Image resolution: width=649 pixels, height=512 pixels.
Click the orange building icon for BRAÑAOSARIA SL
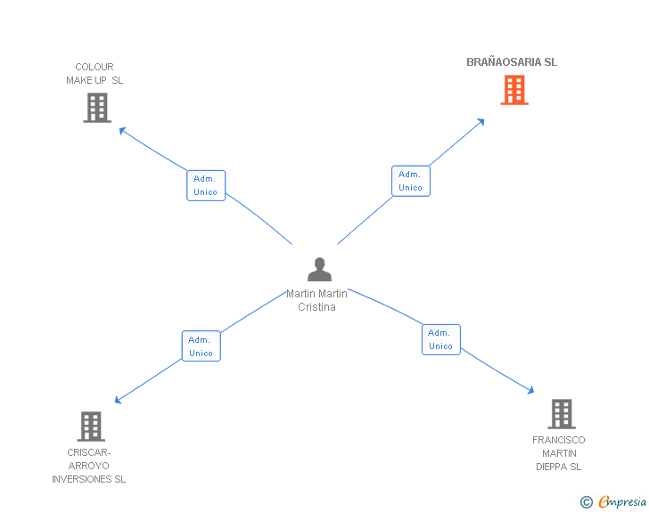click(x=514, y=90)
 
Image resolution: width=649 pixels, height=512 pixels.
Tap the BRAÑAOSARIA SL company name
click(x=512, y=62)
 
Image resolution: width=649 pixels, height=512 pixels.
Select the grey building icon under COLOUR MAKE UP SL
click(x=97, y=108)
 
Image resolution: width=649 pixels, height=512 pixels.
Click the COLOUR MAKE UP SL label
click(x=94, y=73)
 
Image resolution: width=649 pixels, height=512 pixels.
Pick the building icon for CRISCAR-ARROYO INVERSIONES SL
click(x=91, y=427)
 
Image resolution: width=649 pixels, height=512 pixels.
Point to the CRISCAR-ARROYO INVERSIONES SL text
click(x=89, y=466)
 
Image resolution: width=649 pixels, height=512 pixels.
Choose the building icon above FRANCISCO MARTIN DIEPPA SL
click(x=561, y=414)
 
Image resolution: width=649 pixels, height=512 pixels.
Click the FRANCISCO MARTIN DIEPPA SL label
click(x=559, y=453)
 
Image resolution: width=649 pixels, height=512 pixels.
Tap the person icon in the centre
click(x=319, y=269)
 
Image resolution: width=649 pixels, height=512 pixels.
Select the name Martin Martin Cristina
click(x=317, y=300)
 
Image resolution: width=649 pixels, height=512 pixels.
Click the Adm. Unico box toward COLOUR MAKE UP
click(x=206, y=185)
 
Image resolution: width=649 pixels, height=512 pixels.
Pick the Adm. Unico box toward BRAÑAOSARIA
click(x=411, y=181)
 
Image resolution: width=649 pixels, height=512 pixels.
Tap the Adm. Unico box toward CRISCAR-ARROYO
click(x=201, y=346)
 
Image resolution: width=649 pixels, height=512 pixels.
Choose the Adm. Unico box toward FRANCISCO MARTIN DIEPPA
click(x=441, y=339)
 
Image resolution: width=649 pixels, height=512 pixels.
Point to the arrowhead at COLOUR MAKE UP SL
click(x=122, y=131)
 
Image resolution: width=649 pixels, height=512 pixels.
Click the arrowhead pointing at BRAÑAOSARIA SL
click(x=481, y=121)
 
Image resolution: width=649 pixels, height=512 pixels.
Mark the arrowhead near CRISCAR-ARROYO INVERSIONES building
click(x=118, y=401)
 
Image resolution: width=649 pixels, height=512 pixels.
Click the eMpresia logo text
click(x=622, y=501)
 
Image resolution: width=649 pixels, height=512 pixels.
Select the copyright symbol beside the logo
click(x=587, y=502)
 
